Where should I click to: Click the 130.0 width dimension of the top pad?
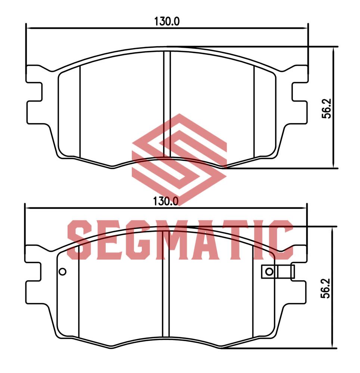(167, 21)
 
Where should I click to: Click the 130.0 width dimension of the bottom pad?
(166, 201)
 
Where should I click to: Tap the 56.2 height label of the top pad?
(326, 109)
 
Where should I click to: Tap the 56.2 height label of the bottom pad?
(326, 288)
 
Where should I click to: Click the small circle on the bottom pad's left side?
(63, 272)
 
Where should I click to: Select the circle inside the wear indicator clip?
(269, 272)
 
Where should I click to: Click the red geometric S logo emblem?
(179, 159)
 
